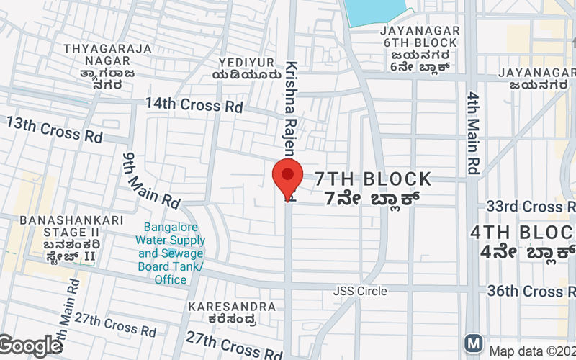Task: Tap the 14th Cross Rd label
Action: click(194, 104)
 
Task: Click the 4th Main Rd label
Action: click(473, 133)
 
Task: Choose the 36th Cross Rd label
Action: click(534, 291)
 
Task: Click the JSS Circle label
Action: click(359, 292)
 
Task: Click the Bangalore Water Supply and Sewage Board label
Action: click(171, 253)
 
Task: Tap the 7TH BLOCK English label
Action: click(372, 179)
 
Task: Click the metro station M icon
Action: click(474, 341)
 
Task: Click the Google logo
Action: click(30, 346)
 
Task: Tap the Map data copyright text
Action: click(531, 351)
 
